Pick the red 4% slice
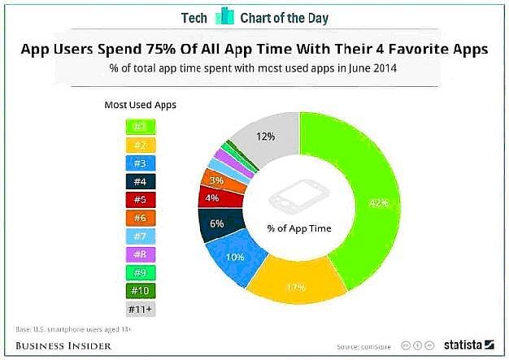[x=212, y=197]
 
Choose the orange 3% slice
[x=216, y=180]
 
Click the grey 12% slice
[x=264, y=137]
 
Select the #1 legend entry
[x=140, y=126]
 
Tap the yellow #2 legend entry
[x=140, y=145]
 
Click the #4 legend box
[x=140, y=181]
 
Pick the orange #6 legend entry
[x=140, y=218]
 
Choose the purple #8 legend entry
[x=140, y=254]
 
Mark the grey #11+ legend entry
[x=140, y=309]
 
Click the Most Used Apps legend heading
[x=140, y=105]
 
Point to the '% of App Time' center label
[x=298, y=228]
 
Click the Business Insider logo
[x=63, y=345]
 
